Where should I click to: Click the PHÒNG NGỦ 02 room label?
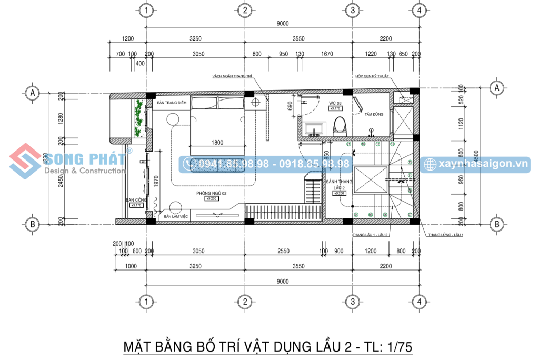(211, 193)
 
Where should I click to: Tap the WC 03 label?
(335, 103)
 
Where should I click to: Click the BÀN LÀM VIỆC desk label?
(176, 216)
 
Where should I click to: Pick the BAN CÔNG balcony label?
(134, 200)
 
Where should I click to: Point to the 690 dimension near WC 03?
(290, 106)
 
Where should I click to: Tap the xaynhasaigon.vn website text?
(481, 165)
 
